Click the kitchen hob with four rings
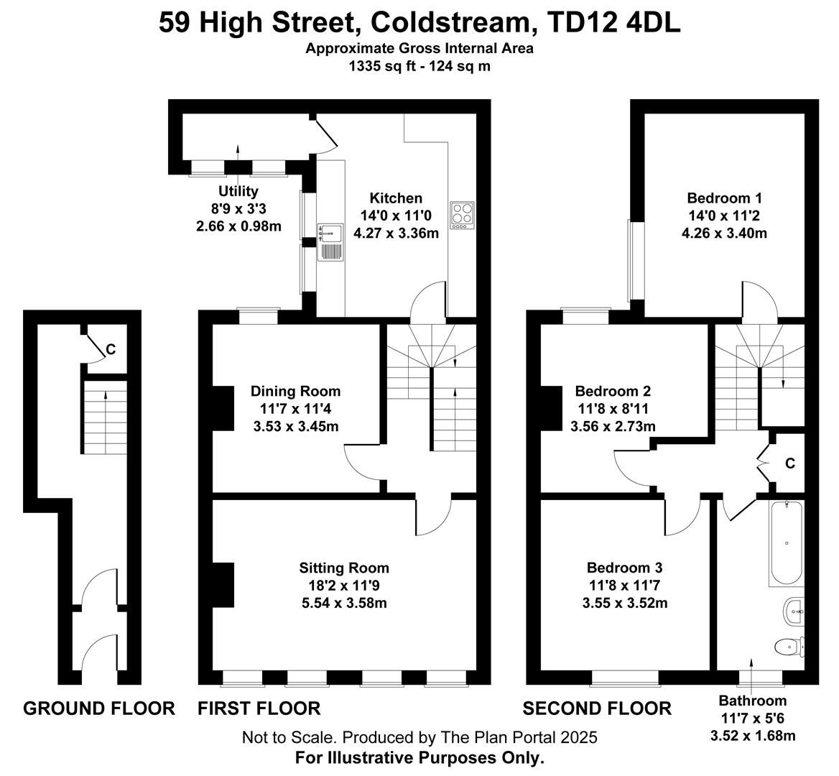click(x=463, y=216)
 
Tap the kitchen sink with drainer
click(x=330, y=242)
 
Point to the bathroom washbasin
click(x=794, y=611)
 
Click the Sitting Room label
click(x=344, y=568)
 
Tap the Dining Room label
click(x=295, y=391)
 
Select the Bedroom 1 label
click(x=724, y=198)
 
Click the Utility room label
click(x=238, y=191)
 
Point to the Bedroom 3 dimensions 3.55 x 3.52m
click(x=625, y=603)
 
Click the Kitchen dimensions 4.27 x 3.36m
click(x=396, y=234)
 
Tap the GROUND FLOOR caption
click(x=99, y=708)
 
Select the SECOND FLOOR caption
click(x=597, y=708)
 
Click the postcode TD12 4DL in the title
click(x=614, y=23)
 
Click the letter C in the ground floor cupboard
click(x=111, y=349)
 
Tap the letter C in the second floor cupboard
click(x=790, y=463)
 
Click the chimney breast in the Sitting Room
click(x=223, y=584)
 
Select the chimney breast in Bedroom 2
click(x=552, y=408)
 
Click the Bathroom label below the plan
click(x=752, y=701)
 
